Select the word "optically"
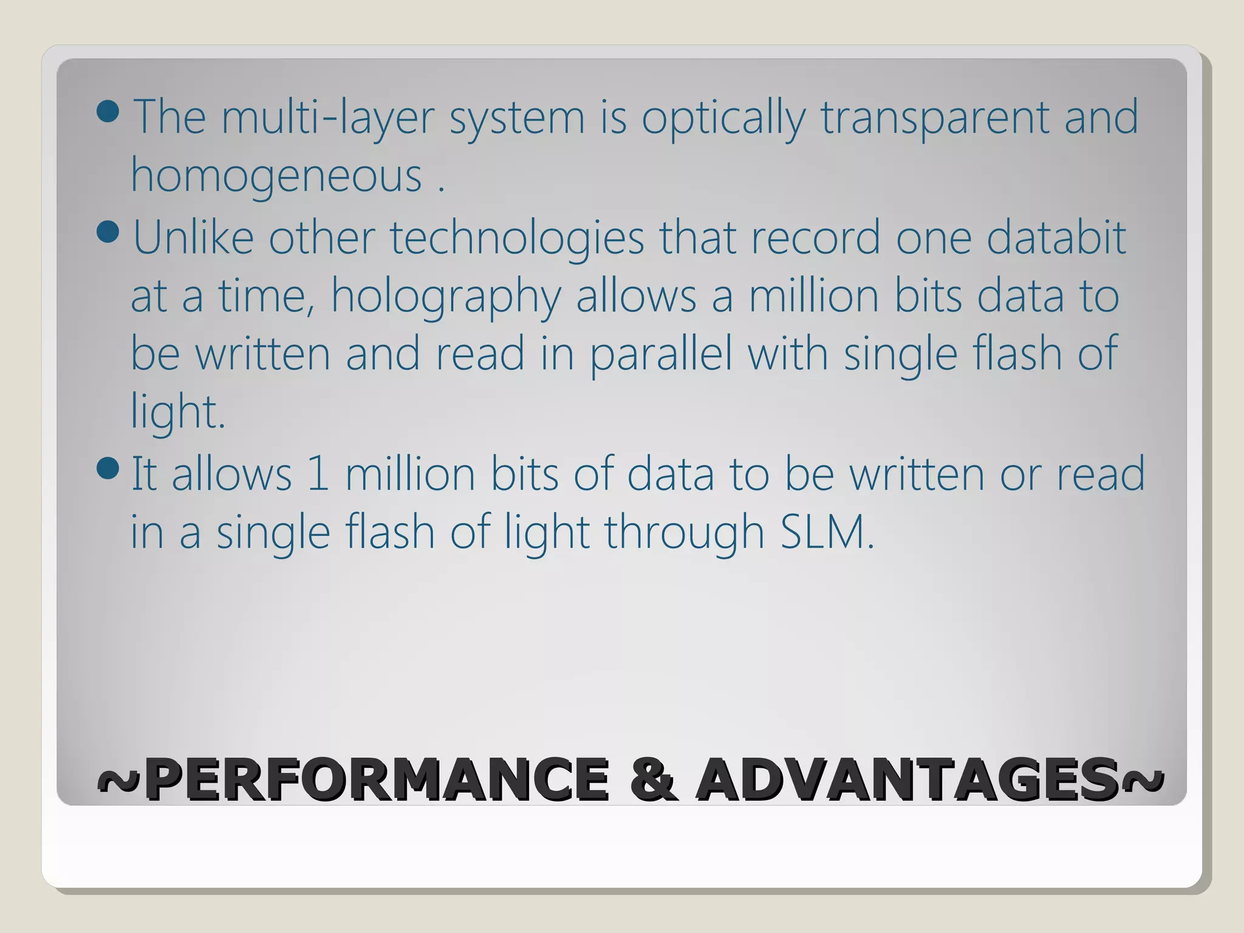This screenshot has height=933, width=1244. (723, 118)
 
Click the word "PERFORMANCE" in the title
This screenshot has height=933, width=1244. (377, 779)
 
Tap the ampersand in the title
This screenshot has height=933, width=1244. (652, 779)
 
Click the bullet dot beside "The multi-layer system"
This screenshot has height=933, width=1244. (108, 112)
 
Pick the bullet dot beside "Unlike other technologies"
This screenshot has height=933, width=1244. (108, 232)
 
